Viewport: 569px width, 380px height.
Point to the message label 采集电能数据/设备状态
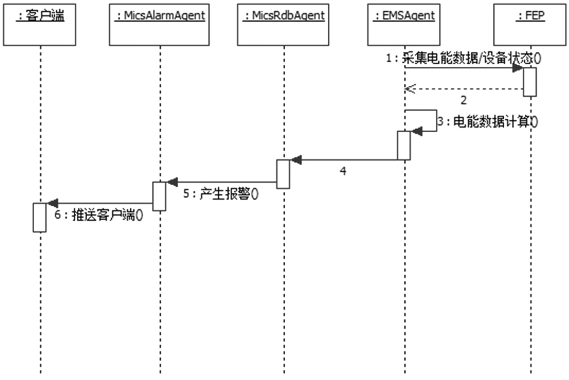coord(464,59)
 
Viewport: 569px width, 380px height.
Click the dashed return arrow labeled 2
coord(464,89)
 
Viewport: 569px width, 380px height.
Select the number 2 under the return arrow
coord(464,100)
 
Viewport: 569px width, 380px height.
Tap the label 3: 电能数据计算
coord(487,122)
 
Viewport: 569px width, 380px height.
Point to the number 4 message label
coord(343,171)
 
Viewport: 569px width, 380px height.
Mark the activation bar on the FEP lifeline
coord(530,82)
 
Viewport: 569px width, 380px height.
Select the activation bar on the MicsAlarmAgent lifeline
coord(160,196)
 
